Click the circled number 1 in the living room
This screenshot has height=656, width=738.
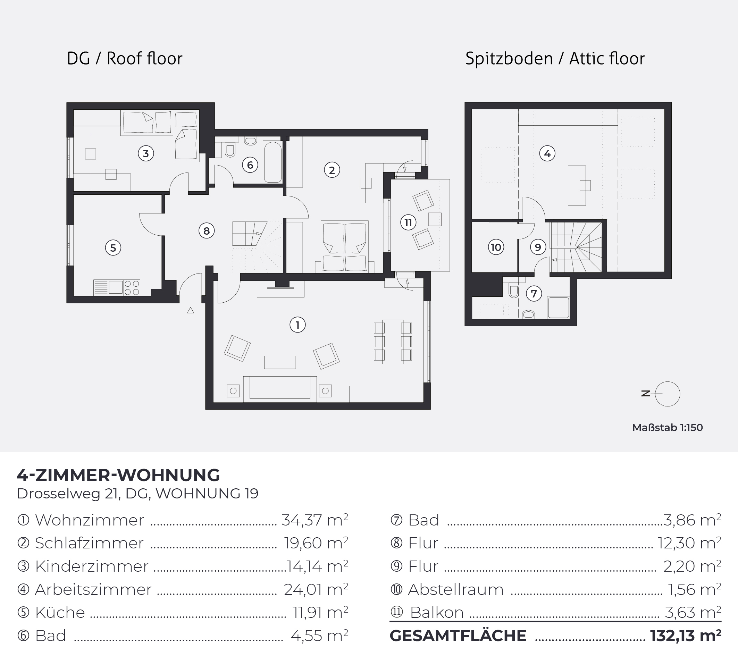(x=297, y=325)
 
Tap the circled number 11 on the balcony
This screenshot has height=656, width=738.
(x=408, y=222)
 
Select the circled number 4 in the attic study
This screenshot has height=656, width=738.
(x=547, y=153)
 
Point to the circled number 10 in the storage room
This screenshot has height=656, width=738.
(x=496, y=247)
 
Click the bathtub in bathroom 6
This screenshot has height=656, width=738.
(x=272, y=162)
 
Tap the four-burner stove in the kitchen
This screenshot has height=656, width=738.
(x=132, y=287)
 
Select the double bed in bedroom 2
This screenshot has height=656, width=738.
(x=345, y=246)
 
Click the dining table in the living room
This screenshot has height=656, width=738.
(x=393, y=342)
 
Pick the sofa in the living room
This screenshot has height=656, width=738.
(x=280, y=389)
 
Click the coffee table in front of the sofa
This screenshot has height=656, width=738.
(x=280, y=362)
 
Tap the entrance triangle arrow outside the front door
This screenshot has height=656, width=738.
(x=190, y=310)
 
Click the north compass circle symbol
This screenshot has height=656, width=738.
(x=668, y=394)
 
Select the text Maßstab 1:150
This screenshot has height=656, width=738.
(x=668, y=428)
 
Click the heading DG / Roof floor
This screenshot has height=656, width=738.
(x=125, y=59)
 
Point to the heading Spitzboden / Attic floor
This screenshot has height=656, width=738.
(x=555, y=59)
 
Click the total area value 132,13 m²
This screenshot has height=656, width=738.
(x=686, y=636)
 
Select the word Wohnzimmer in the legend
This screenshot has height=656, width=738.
(x=90, y=520)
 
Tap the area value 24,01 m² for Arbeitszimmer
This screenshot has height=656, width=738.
(x=316, y=590)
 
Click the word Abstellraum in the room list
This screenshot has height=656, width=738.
(x=456, y=590)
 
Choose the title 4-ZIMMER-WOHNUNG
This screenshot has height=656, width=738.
(x=118, y=475)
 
